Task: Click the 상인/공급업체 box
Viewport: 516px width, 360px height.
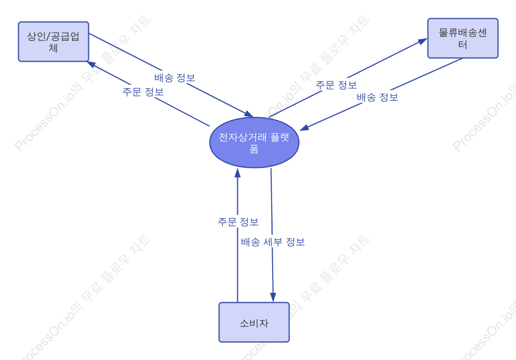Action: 54,41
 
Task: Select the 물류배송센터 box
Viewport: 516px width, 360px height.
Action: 462,38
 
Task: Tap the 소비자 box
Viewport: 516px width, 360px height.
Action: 254,322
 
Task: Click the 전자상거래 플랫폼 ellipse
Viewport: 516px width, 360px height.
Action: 255,143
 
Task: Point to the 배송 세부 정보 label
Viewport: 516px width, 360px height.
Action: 273,242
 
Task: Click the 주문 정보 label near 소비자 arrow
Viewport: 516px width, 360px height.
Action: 238,222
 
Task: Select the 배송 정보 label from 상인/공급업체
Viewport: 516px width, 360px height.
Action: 175,78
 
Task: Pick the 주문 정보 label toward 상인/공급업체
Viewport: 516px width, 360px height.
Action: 143,92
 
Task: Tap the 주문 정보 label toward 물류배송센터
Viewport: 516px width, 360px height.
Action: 336,85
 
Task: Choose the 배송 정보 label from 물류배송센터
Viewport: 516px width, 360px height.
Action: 377,97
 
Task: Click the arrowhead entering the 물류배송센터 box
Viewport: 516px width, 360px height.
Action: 423,41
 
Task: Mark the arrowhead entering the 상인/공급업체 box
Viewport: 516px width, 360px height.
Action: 91,64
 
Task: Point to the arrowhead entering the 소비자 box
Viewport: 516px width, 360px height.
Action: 273,297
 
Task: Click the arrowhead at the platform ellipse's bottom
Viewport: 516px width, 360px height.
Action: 238,173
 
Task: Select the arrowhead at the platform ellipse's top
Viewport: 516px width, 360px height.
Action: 249,114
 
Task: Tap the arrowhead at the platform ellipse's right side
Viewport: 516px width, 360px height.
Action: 304,128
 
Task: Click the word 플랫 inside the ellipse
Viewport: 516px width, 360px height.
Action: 280,137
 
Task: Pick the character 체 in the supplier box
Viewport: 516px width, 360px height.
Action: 54,48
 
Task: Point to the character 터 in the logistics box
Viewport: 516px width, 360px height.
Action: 462,44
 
